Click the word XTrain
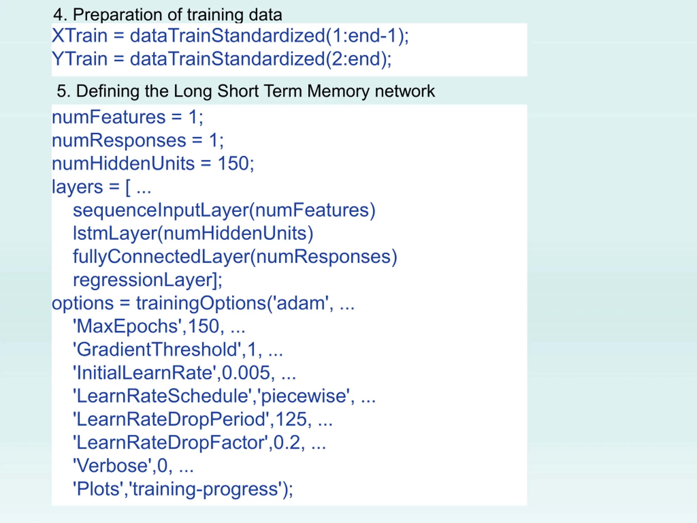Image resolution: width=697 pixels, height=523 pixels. [x=80, y=35]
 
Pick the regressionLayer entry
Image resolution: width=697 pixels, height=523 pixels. [x=143, y=280]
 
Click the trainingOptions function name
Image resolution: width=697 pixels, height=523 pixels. [x=201, y=303]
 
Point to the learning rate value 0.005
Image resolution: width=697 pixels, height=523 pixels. [x=246, y=373]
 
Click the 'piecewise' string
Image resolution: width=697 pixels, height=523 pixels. [x=304, y=396]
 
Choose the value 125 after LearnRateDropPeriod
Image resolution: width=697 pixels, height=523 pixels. [x=291, y=419]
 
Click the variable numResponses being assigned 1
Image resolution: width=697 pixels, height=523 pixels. [x=119, y=140]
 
